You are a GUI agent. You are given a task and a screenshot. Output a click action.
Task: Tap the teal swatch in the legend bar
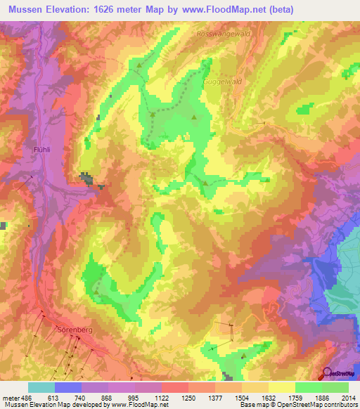pyautogui.click(x=41, y=387)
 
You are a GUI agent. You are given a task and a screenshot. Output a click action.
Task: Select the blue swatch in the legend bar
pyautogui.click(x=68, y=387)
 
